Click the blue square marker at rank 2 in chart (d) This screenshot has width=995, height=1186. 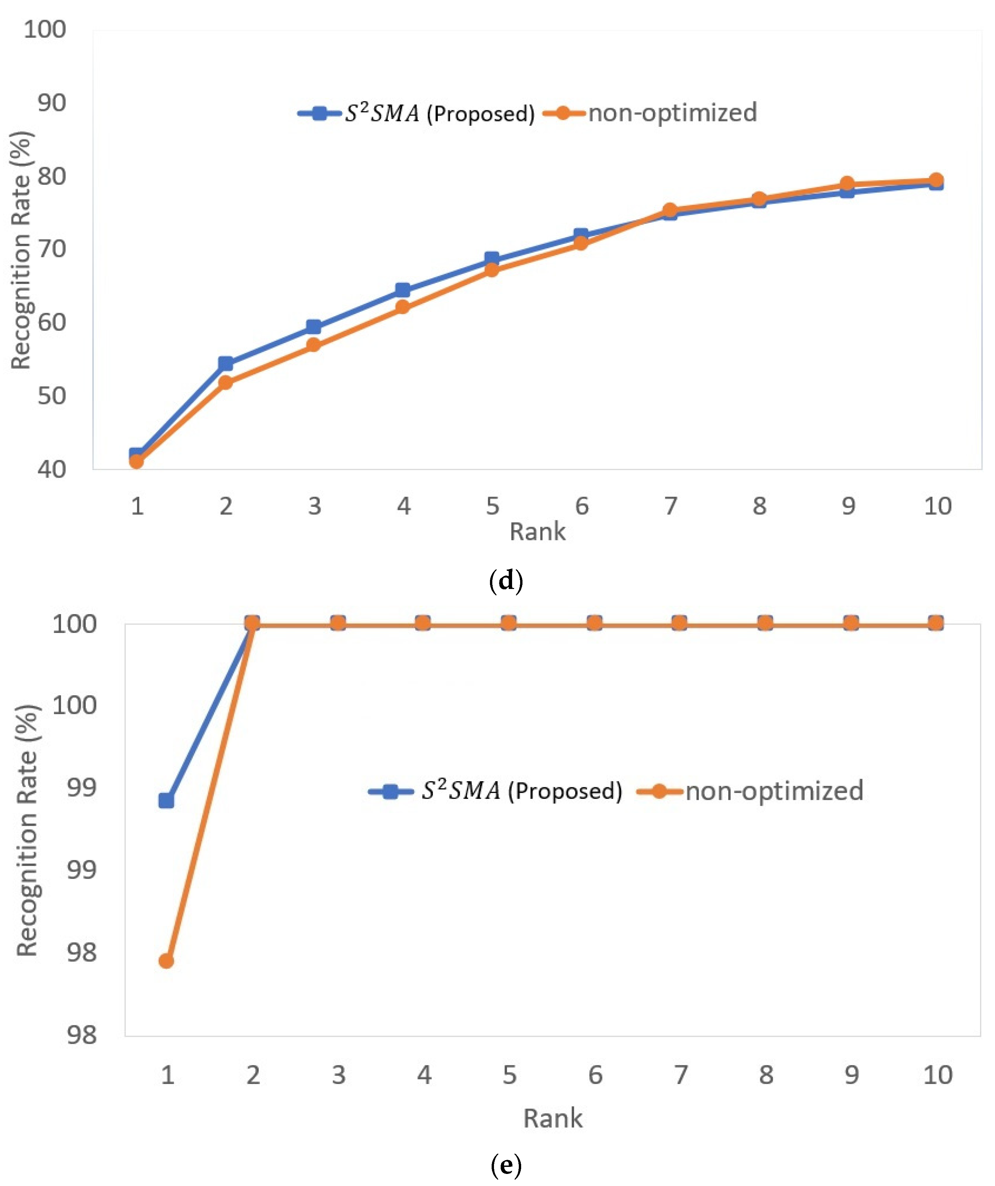pos(225,364)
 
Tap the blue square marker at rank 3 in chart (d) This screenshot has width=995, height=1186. pos(314,327)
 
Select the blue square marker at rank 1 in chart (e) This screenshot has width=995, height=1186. pos(166,801)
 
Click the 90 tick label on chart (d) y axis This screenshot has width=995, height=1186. pos(51,103)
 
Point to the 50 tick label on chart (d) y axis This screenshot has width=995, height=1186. pos(51,396)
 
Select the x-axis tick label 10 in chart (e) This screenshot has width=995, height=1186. pos(937,1075)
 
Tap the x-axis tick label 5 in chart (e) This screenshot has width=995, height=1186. pos(509,1075)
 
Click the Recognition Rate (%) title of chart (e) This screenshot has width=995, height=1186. pos(27,830)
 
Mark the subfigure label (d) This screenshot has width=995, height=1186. pos(506,581)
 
